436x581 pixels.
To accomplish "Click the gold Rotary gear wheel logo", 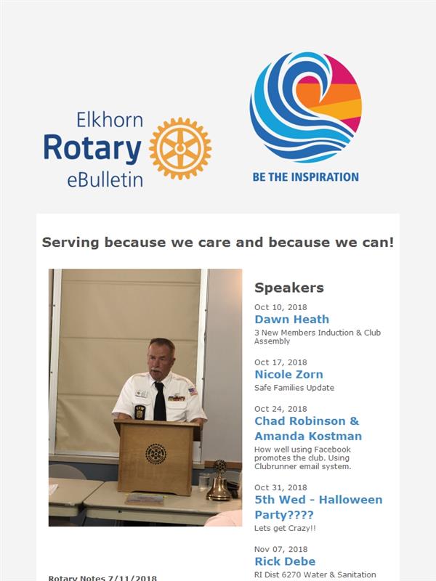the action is click(x=180, y=149).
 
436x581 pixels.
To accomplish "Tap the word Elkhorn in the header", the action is click(x=110, y=121).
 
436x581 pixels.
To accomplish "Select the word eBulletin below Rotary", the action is click(x=105, y=179).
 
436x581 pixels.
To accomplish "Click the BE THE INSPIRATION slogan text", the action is click(x=305, y=177).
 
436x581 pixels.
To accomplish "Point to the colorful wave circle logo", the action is click(x=306, y=107).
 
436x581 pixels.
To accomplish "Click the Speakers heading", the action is click(x=289, y=288).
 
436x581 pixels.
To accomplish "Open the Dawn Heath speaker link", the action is click(x=292, y=320).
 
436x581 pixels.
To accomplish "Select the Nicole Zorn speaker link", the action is click(x=288, y=374).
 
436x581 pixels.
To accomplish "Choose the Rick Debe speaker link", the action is click(x=285, y=561).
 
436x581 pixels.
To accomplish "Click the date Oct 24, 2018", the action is click(x=280, y=409).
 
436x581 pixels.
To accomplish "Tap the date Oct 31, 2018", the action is click(x=280, y=487).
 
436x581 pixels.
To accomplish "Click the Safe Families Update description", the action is click(x=294, y=388).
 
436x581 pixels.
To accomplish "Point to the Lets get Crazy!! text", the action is click(x=285, y=529).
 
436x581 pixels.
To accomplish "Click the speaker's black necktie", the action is click(x=159, y=402).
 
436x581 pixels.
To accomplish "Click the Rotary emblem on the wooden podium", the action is click(x=156, y=453).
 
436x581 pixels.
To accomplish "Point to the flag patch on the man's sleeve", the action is click(x=193, y=391).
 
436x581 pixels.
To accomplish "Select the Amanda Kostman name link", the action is click(x=308, y=436).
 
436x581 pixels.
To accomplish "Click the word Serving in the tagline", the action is click(x=70, y=243).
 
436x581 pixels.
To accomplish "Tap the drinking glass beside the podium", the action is click(x=204, y=482).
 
